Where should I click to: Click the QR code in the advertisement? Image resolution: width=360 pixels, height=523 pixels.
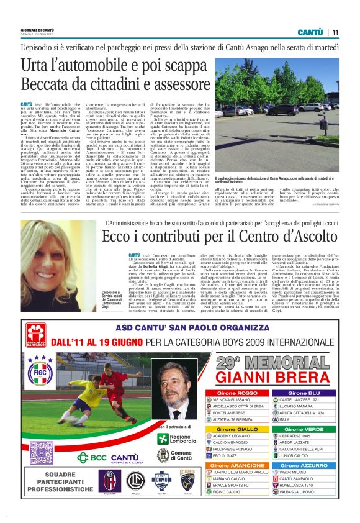click(x=42, y=452)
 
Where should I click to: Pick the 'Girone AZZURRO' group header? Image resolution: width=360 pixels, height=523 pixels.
click(x=304, y=465)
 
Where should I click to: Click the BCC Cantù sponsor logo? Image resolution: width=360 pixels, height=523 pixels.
click(x=108, y=458)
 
